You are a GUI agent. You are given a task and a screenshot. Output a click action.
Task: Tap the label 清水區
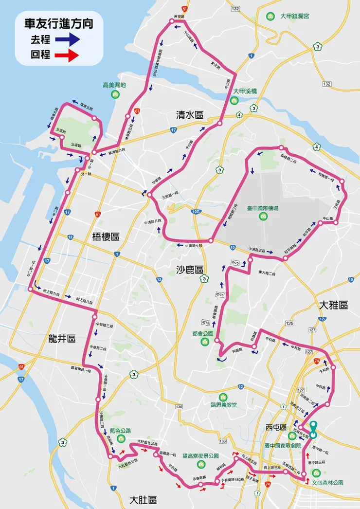click(190, 115)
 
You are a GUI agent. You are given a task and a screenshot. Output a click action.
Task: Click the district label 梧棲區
click(106, 237)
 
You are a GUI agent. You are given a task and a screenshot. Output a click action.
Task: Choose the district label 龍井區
click(62, 339)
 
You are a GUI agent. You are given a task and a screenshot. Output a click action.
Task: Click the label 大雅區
click(334, 305)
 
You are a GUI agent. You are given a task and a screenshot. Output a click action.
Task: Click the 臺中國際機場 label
click(262, 208)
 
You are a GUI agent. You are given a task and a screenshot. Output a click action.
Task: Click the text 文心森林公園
click(327, 483)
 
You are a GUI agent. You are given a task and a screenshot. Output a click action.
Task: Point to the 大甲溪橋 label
click(244, 91)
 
